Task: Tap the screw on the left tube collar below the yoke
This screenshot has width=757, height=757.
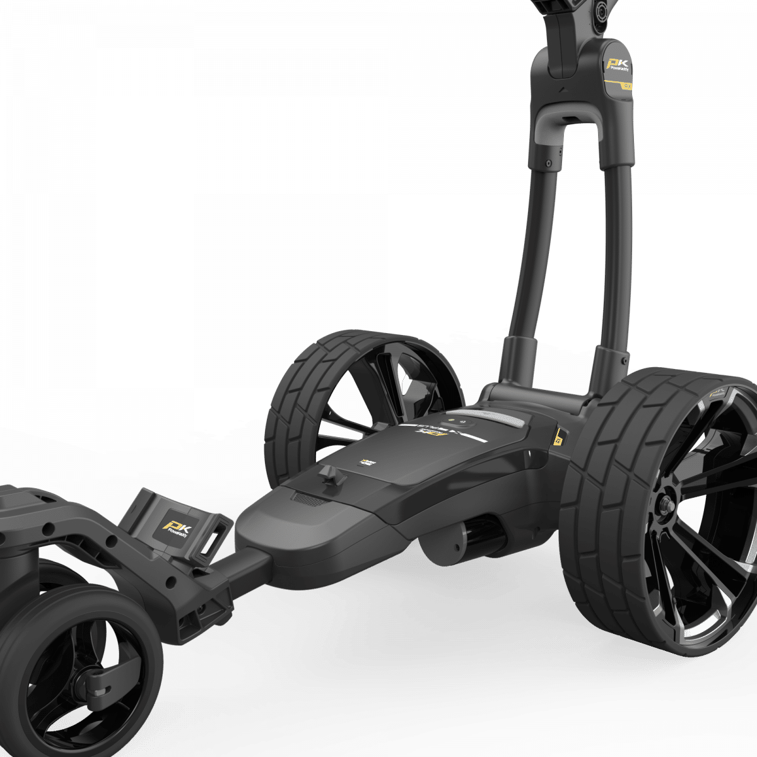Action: [549, 163]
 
